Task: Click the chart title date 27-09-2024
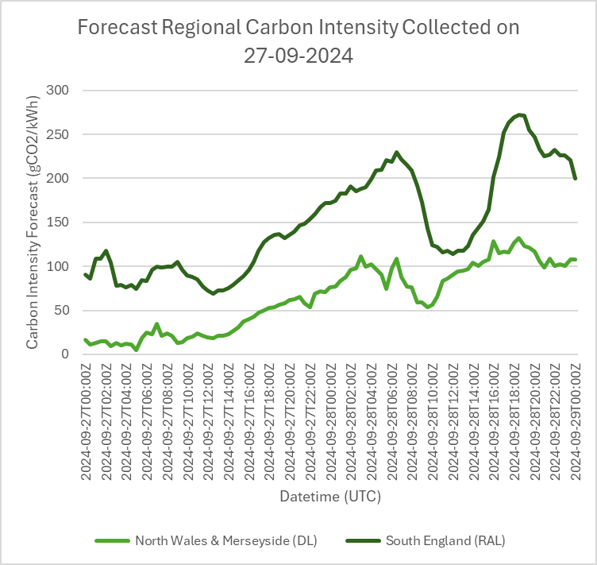pyautogui.click(x=298, y=56)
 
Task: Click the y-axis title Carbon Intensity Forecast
pyautogui.click(x=33, y=223)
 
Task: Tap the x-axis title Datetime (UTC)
pyautogui.click(x=329, y=497)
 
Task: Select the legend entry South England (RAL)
pyautogui.click(x=445, y=541)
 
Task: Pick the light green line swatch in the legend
pyautogui.click(x=112, y=541)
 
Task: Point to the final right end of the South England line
pyautogui.click(x=575, y=178)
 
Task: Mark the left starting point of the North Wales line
pyautogui.click(x=85, y=339)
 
